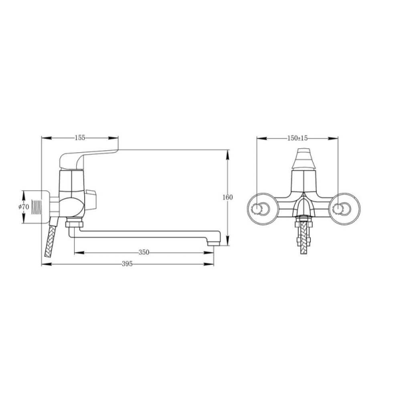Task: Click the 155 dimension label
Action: [79, 138]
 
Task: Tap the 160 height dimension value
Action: [228, 197]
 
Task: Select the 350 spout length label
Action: [144, 252]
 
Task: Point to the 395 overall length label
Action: [128, 264]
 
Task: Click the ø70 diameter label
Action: [24, 207]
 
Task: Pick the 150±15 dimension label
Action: [298, 138]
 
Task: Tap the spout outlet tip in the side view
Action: [214, 243]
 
